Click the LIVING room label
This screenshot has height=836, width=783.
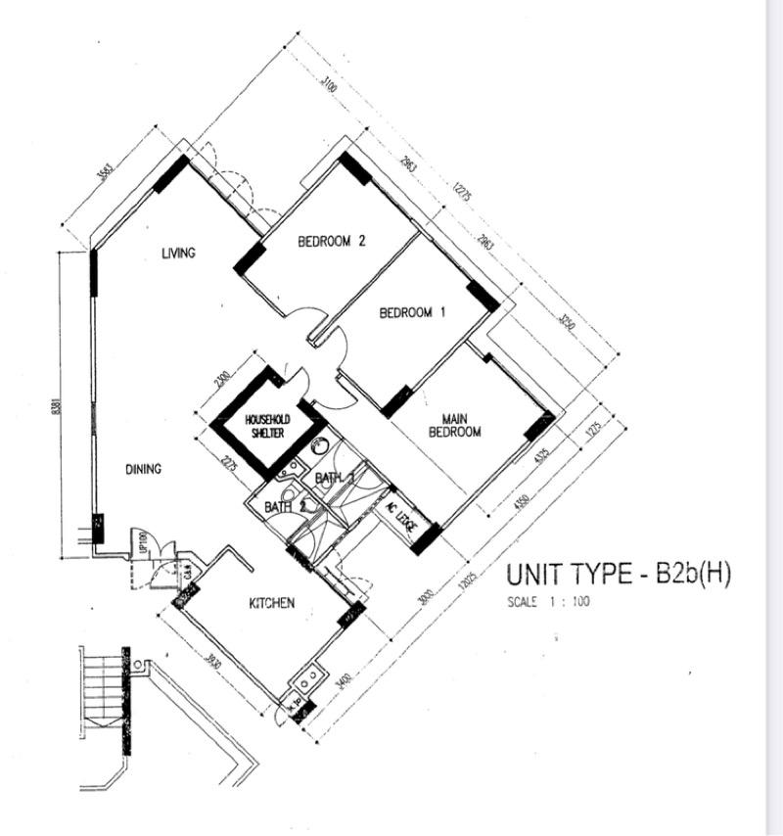[x=179, y=253]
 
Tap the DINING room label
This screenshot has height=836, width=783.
[x=143, y=469]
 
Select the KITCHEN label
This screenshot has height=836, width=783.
[x=271, y=603]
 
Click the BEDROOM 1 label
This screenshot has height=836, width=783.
[x=412, y=313]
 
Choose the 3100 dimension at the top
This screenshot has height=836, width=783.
[x=331, y=87]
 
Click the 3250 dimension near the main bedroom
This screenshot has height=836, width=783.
[x=568, y=324]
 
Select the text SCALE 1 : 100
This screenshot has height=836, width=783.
[x=548, y=602]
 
